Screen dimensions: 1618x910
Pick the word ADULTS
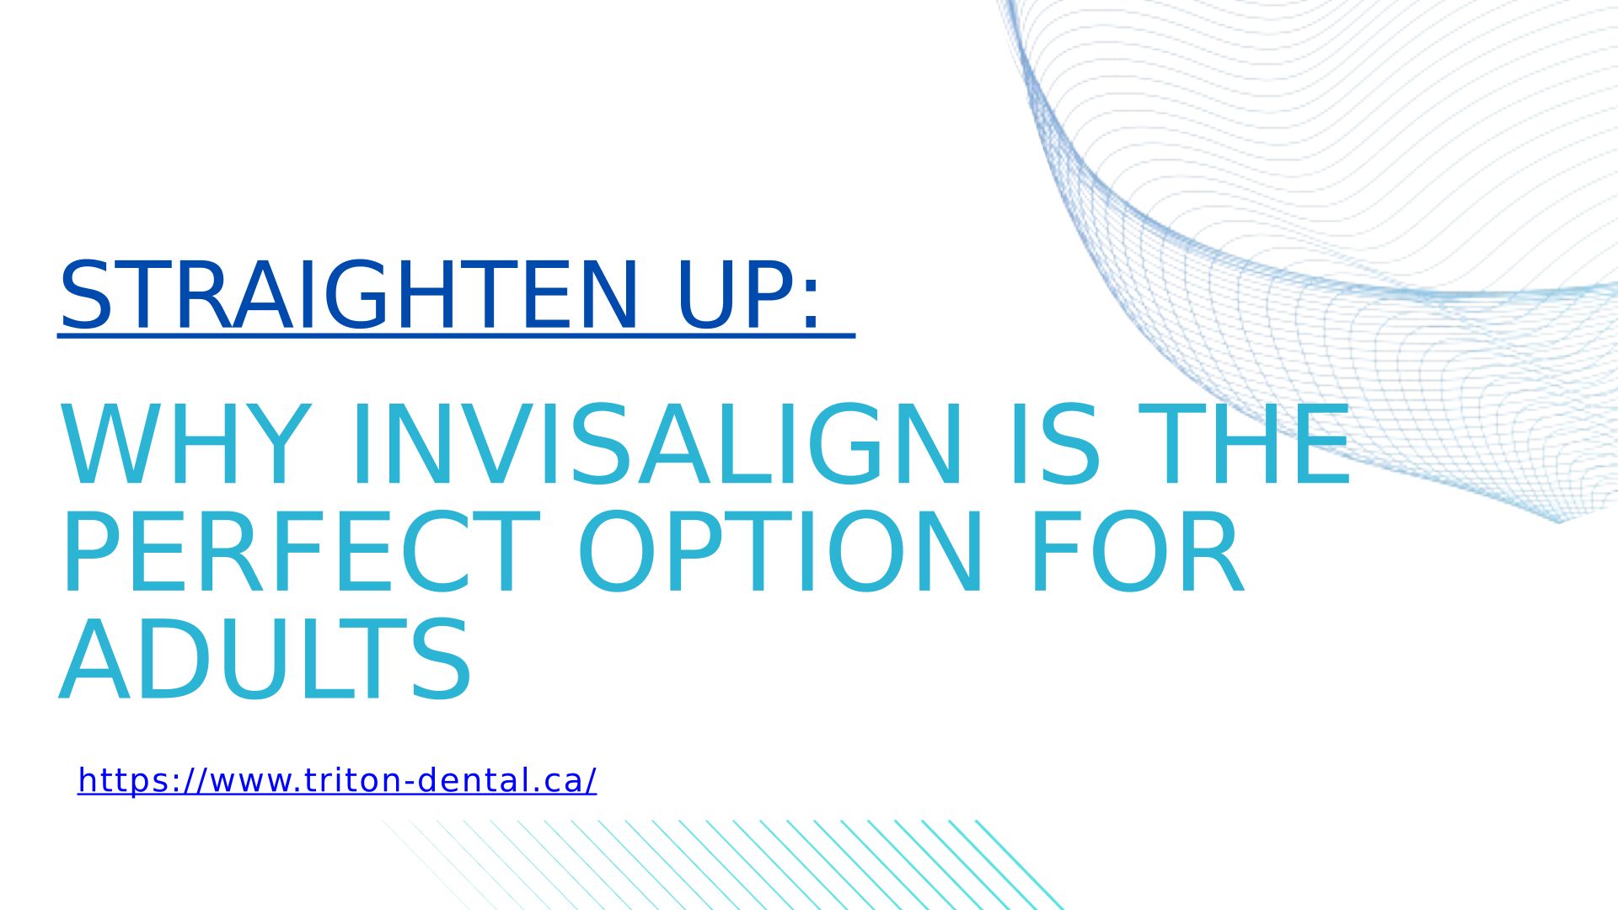(x=265, y=660)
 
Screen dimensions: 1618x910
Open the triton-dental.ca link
(x=337, y=780)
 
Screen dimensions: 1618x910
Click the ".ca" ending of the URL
(x=561, y=782)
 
